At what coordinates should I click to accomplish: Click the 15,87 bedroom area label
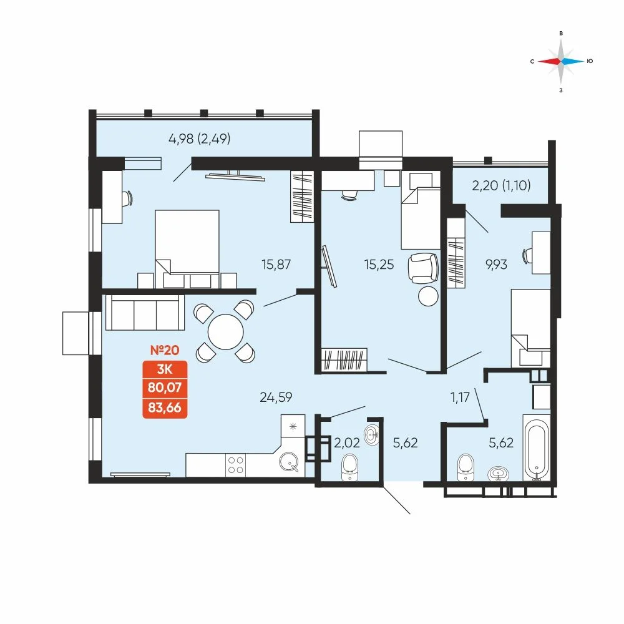tap(276, 265)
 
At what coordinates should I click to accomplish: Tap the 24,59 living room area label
tap(276, 397)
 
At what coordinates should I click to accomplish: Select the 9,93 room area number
tap(496, 265)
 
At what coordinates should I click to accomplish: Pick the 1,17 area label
tap(460, 397)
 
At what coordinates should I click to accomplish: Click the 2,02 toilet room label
tap(346, 442)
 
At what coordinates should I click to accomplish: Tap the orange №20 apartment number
tap(165, 350)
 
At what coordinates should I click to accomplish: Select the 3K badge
tap(165, 369)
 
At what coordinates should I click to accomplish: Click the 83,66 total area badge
tap(165, 408)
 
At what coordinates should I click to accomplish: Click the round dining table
tap(226, 332)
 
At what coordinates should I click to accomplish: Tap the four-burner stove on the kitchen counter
tap(235, 465)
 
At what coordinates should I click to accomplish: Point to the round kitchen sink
tap(289, 462)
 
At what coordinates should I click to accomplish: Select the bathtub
tap(537, 448)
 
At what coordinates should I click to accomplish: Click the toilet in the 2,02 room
tap(350, 467)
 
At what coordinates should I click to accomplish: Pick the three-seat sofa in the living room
tap(145, 313)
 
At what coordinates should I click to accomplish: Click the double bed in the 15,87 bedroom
tap(187, 249)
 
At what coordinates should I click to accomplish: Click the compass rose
tap(561, 61)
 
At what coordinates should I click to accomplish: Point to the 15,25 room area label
tap(379, 265)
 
